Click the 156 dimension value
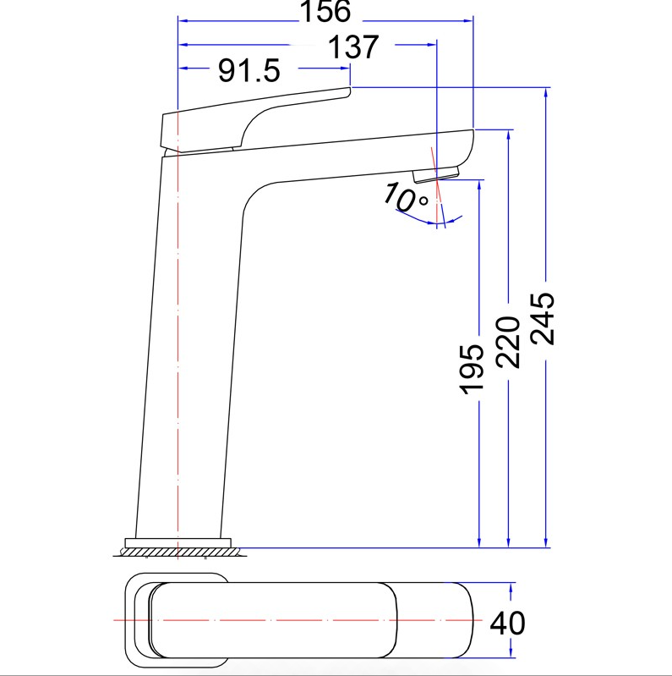(x=325, y=12)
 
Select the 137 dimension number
(x=353, y=47)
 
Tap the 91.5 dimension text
(x=249, y=70)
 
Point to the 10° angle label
(x=405, y=197)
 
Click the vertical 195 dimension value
(x=472, y=370)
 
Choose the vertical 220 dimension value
(x=508, y=343)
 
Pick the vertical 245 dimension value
(x=542, y=319)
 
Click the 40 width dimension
(x=507, y=623)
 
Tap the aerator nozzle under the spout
(x=436, y=174)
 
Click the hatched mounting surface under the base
(x=180, y=552)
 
